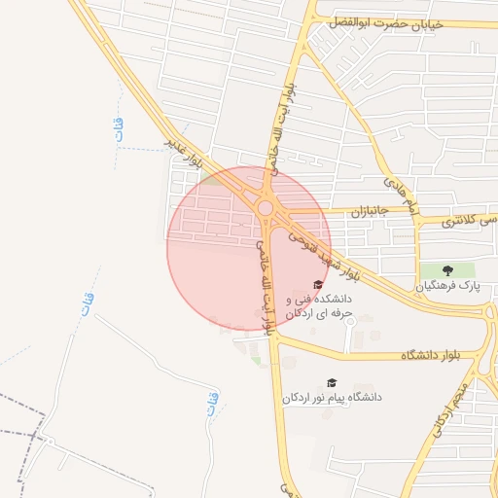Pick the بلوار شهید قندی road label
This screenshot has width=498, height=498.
tap(320, 249)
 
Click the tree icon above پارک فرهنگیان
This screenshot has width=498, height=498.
tap(447, 269)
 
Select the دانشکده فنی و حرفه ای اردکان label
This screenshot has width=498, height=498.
tap(319, 307)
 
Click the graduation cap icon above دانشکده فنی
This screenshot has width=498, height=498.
tap(318, 284)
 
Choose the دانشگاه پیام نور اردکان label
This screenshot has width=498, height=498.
tap(332, 398)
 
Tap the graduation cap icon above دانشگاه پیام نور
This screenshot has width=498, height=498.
tap(332, 382)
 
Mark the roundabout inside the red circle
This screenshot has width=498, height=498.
tap(266, 207)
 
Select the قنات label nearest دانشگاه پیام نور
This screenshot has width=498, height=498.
tap(213, 403)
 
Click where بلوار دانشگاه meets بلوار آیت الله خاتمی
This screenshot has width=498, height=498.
tap(275, 340)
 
